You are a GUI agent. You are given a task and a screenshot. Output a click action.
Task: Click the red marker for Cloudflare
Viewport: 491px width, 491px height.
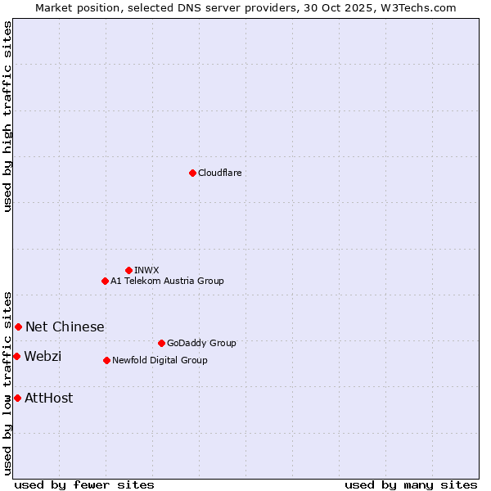[x=192, y=173]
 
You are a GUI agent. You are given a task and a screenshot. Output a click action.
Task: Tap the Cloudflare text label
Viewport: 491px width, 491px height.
[x=219, y=173]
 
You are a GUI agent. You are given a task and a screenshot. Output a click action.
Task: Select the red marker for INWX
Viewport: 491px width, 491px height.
[x=128, y=270]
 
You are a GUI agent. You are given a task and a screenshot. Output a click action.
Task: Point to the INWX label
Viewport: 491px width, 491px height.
[x=146, y=270]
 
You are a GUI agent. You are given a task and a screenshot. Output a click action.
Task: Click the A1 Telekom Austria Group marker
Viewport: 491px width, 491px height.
[x=105, y=281]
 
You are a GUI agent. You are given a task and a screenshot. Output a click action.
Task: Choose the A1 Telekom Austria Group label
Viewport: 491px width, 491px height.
[x=167, y=281]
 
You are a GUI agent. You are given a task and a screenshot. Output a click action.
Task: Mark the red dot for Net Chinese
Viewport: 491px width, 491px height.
[x=18, y=327]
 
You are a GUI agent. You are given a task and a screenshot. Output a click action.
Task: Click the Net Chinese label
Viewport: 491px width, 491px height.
[x=65, y=327]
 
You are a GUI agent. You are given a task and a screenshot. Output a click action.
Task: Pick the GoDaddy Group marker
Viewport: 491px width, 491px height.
[x=161, y=343]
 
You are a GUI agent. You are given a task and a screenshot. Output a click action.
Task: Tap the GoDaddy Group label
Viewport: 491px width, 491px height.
[x=201, y=343]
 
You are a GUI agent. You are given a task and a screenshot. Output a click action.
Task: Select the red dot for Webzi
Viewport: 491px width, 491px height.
[x=16, y=356]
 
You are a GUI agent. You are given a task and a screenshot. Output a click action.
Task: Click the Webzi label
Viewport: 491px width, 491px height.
[x=43, y=356]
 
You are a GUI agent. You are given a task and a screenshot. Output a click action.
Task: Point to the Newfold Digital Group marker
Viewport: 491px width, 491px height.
[x=106, y=360]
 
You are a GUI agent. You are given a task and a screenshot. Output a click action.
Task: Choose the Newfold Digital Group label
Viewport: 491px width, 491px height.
[x=160, y=360]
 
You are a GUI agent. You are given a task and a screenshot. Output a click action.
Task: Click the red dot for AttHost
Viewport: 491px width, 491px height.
[x=17, y=398]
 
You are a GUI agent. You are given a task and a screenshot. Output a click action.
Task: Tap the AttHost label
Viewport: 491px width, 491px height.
[x=49, y=398]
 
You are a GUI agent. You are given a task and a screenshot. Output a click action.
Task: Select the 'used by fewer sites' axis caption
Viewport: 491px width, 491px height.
[x=84, y=484]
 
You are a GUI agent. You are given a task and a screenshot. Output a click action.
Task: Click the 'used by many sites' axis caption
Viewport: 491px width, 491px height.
[x=411, y=484]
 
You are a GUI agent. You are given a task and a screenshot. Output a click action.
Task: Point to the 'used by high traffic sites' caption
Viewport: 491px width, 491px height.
[x=7, y=116]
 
